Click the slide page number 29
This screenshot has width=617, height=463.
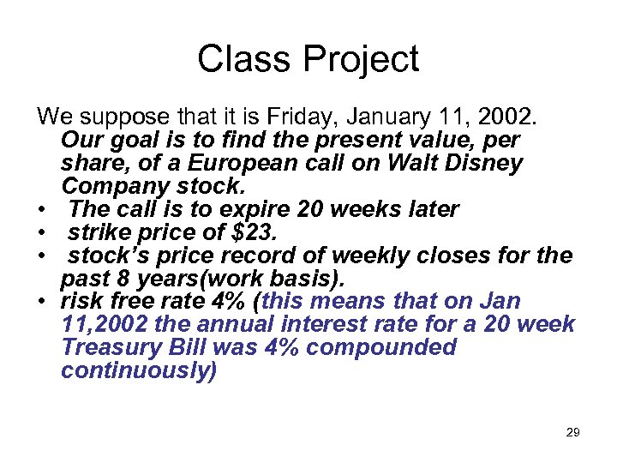tap(572, 433)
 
